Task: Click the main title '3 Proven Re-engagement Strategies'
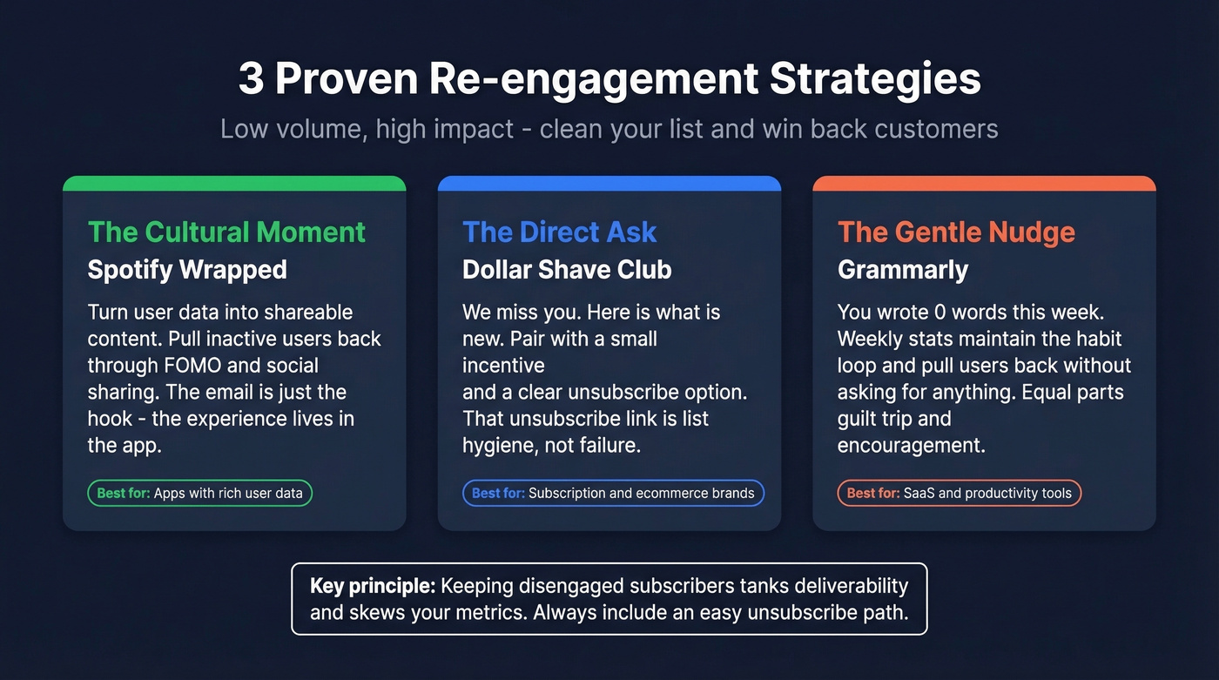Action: [x=609, y=79]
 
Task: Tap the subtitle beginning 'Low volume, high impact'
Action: [x=609, y=129]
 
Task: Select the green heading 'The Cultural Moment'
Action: [x=226, y=232]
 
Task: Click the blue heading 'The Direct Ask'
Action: [x=559, y=232]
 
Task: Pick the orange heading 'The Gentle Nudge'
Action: [x=956, y=232]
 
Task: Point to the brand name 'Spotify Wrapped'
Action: [x=187, y=270]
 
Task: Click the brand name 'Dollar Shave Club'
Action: [x=567, y=270]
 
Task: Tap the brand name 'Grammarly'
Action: [x=902, y=270]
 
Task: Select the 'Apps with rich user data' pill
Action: [x=199, y=493]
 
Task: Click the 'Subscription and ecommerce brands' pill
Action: [x=613, y=493]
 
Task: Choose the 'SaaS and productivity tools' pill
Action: [x=960, y=493]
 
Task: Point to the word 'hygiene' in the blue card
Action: [x=498, y=445]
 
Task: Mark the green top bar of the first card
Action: [x=234, y=183]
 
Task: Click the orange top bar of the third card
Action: [x=984, y=183]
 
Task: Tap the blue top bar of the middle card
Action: [x=609, y=183]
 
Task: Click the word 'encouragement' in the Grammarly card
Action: [x=911, y=445]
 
